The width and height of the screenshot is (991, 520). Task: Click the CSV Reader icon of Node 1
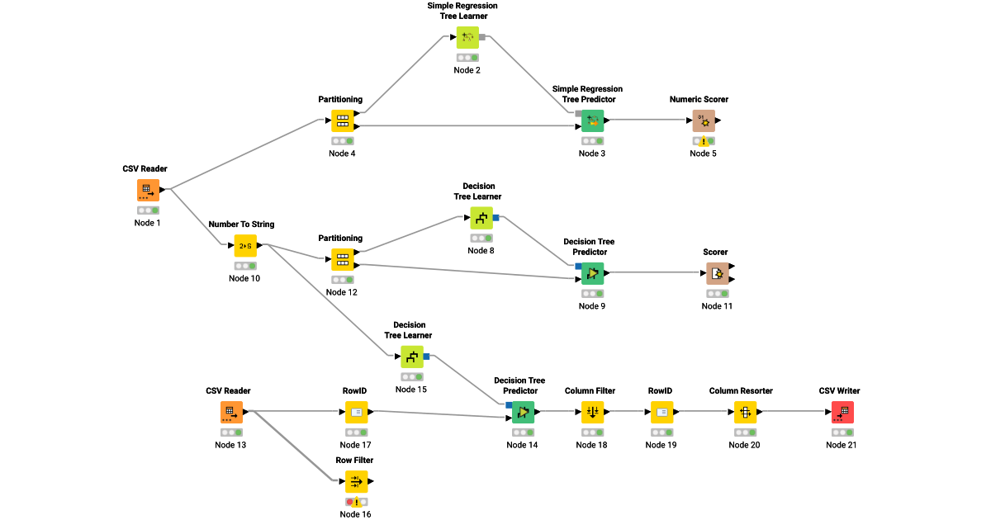[x=148, y=190]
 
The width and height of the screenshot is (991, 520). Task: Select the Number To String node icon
[x=245, y=245]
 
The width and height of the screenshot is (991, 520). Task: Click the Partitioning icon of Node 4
[x=343, y=121]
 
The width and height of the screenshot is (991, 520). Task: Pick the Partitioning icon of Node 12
[x=343, y=259]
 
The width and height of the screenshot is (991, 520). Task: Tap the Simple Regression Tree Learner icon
[x=467, y=37]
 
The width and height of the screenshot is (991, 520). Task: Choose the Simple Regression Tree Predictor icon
[x=592, y=121]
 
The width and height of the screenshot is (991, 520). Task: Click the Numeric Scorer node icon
[x=704, y=121]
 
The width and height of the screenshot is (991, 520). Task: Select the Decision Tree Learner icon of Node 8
[x=481, y=218]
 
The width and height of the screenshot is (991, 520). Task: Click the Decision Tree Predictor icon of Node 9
[x=592, y=273]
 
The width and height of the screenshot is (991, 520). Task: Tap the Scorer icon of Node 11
[x=717, y=273]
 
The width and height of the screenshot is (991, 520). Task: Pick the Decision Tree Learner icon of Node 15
[x=412, y=357]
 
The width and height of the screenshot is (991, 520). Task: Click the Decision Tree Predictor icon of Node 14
[x=523, y=412]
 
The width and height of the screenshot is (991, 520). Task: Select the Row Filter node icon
[x=356, y=481]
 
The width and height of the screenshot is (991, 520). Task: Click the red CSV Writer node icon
[x=842, y=412]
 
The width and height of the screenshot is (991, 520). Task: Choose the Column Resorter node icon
[x=745, y=412]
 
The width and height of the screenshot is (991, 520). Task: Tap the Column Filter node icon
[x=592, y=412]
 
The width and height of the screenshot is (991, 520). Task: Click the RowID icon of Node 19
[x=661, y=412]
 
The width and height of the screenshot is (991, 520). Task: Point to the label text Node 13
[x=230, y=445]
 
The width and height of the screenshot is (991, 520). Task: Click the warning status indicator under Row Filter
[x=356, y=502]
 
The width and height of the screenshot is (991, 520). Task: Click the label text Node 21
[x=842, y=445]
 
